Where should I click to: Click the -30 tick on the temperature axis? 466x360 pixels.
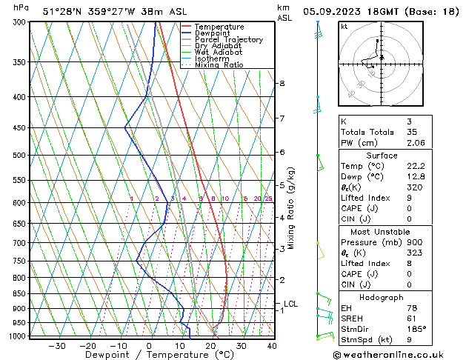(x=57, y=346)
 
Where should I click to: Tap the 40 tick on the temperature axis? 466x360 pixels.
(x=272, y=346)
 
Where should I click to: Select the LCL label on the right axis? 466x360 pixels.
(x=291, y=304)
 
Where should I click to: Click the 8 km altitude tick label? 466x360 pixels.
(x=282, y=84)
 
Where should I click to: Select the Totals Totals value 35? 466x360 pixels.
(x=413, y=132)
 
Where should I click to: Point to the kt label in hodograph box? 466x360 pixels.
(x=344, y=27)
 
